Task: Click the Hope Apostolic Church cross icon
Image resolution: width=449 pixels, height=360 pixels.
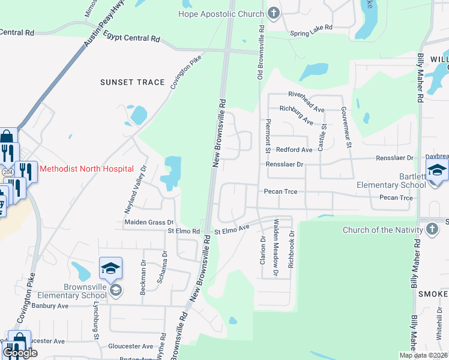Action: (274, 14)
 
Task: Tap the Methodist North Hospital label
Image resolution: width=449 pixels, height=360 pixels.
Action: (86, 169)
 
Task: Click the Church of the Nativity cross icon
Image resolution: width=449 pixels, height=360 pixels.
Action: (432, 230)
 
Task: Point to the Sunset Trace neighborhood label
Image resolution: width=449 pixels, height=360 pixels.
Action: (132, 82)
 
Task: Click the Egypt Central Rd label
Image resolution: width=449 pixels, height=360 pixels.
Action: (131, 37)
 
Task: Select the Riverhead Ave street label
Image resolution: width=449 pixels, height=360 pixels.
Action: (306, 94)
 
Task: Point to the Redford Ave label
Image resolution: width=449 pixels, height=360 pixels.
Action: (294, 149)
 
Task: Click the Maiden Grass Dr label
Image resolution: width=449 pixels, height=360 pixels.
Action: (148, 223)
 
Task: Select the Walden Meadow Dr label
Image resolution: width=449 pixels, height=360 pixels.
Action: (276, 247)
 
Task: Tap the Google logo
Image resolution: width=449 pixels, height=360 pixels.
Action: (20, 353)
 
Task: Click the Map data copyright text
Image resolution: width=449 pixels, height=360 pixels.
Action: (423, 355)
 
